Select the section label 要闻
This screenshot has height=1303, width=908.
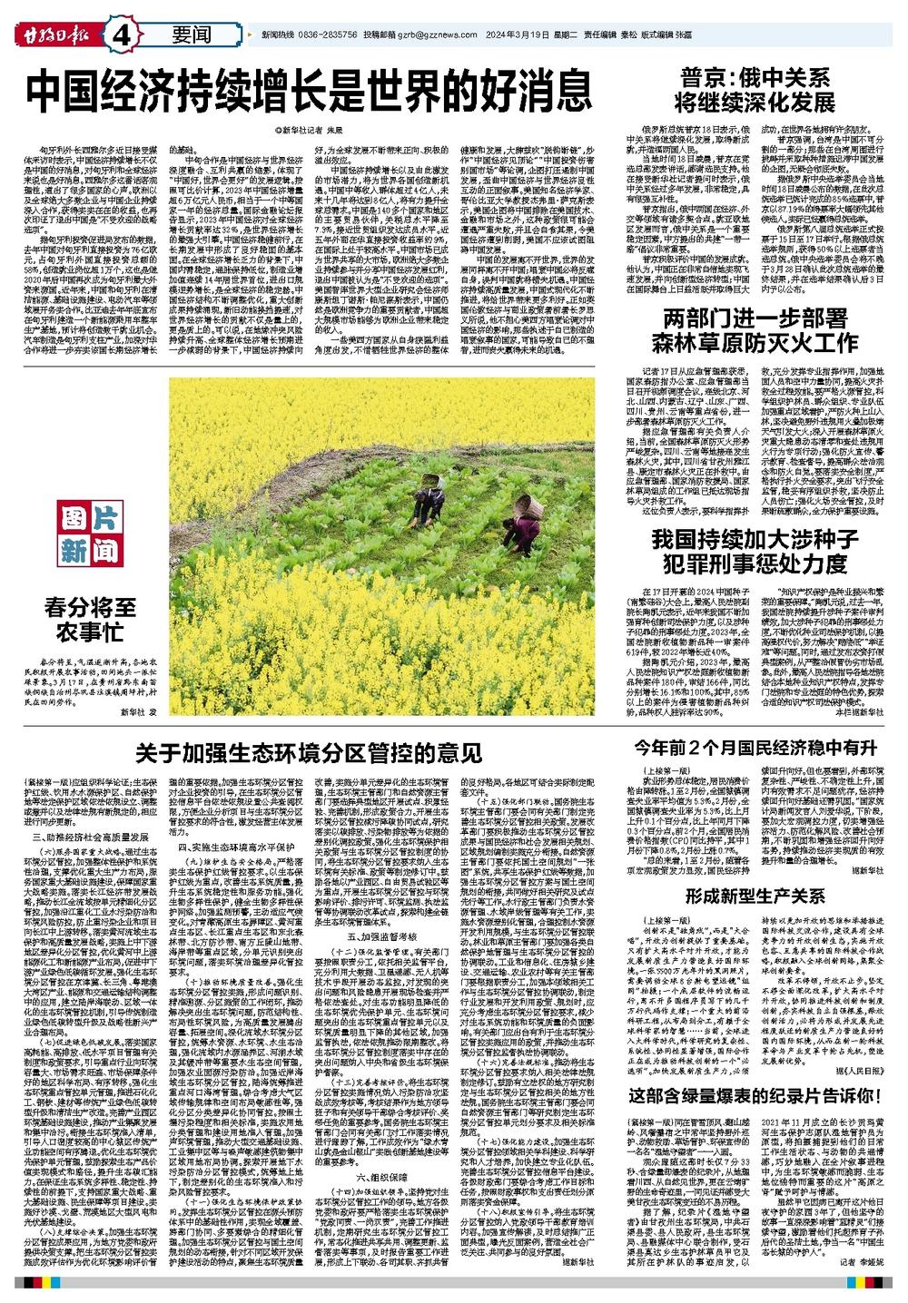191,34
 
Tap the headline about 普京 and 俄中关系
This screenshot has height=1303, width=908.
760,88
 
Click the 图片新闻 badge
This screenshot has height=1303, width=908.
90,534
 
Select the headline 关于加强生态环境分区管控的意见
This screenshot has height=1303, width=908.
309,752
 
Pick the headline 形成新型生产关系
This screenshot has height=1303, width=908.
755,896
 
